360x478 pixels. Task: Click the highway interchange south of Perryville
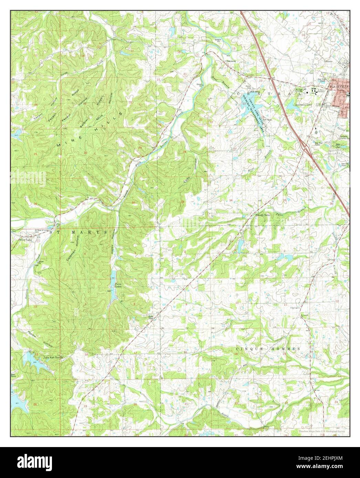(305, 147)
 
